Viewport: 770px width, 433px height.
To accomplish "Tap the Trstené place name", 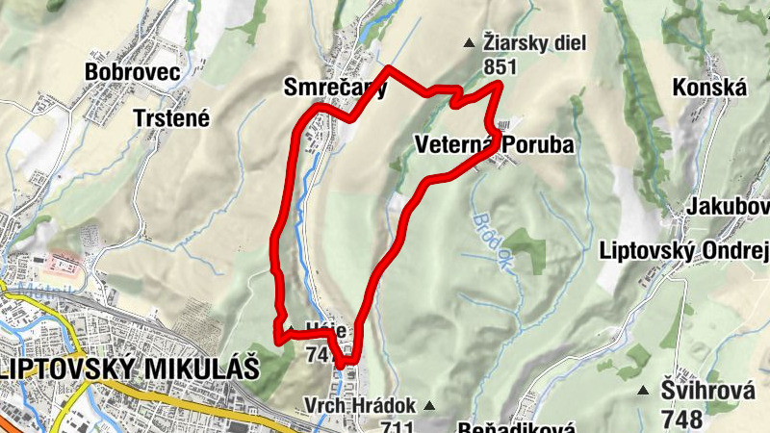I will [x=170, y=117].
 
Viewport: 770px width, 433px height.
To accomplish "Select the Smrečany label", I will [x=335, y=89].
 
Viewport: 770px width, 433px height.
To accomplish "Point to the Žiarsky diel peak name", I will [x=534, y=43].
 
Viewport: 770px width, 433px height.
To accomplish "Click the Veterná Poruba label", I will [x=495, y=145].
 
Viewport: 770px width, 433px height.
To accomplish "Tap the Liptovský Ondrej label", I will [x=683, y=250].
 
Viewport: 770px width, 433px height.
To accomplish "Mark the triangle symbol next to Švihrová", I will [x=643, y=391].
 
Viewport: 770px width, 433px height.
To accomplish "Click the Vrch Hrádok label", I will [x=360, y=405].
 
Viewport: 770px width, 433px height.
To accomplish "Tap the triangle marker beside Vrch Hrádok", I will [x=429, y=405].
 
